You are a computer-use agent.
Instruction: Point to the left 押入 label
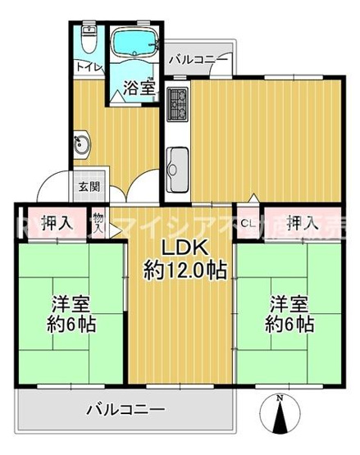point(57,221)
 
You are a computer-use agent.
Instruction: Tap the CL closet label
point(247,221)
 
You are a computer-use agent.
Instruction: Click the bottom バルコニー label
point(127,407)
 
